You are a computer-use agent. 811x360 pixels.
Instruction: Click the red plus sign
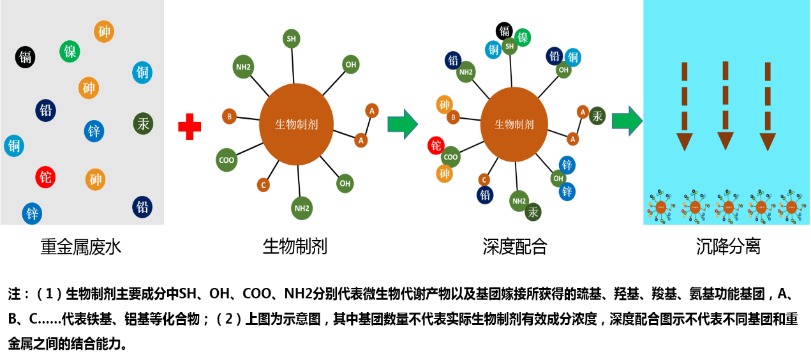click(x=190, y=126)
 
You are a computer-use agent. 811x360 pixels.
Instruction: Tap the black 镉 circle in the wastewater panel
click(x=26, y=57)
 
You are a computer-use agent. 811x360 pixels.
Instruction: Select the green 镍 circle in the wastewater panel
click(x=70, y=51)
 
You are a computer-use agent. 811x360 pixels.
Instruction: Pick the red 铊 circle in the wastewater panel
click(x=45, y=177)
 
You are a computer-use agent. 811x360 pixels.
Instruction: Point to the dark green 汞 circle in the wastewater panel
click(x=143, y=123)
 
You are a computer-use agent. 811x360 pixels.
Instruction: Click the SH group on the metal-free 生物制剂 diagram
click(x=291, y=39)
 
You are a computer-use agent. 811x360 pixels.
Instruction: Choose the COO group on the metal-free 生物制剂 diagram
click(x=227, y=160)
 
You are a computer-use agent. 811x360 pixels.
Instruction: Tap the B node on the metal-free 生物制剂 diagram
click(x=229, y=116)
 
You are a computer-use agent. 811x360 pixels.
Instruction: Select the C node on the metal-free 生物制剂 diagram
click(x=263, y=185)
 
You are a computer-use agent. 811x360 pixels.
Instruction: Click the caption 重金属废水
click(x=80, y=247)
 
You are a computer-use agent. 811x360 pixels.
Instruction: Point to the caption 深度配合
click(x=515, y=247)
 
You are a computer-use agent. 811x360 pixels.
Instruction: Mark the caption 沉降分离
click(x=727, y=247)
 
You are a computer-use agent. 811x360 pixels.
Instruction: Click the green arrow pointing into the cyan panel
click(x=627, y=121)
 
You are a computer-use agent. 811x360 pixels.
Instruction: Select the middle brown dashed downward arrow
click(x=725, y=105)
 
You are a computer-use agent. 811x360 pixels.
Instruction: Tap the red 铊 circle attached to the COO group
click(x=436, y=146)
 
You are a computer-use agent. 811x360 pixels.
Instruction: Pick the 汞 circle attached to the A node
click(x=597, y=116)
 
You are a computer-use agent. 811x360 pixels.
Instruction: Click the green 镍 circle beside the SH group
click(x=523, y=38)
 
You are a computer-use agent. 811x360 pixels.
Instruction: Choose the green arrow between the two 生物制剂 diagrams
click(x=403, y=123)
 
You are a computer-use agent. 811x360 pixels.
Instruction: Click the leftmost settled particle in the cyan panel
click(x=661, y=206)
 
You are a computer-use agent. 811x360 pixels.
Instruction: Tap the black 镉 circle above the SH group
click(x=505, y=31)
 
